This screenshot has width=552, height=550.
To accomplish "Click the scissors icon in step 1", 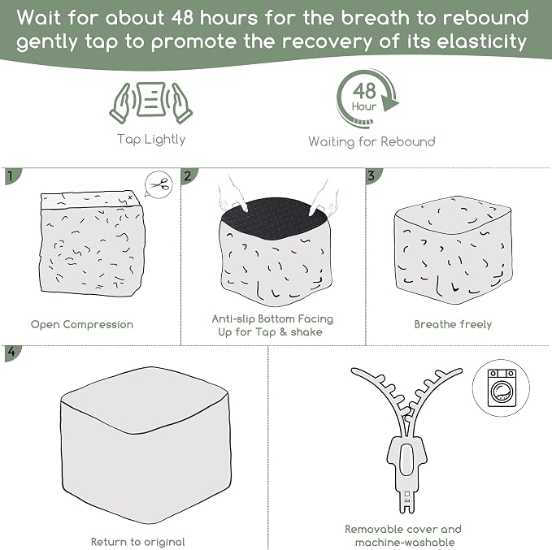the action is pos(159,184).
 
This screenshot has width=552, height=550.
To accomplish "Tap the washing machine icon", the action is pos(502,388).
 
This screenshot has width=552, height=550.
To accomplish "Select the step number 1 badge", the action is pos(12,176).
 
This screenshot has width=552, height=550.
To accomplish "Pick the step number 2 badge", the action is pos(189,175).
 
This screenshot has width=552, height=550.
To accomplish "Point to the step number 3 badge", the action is pos(373,175).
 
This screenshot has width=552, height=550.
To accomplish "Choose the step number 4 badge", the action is pos(12,353).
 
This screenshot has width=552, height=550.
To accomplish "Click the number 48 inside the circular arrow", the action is pos(364,91).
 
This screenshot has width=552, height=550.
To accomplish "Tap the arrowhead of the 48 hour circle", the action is pos(389,102).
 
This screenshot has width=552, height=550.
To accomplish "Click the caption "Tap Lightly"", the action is pos(151,140).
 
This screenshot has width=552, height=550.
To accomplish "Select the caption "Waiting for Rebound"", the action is pos(372,142).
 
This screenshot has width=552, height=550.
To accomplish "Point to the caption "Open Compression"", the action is pos(82,324).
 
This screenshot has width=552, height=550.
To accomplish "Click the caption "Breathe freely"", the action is pos(453,324).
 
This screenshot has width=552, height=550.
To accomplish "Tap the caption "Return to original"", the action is pos(138,542).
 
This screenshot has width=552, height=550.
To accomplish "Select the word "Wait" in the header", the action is pos(39,18).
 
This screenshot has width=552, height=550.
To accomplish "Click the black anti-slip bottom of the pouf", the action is pos(273,215).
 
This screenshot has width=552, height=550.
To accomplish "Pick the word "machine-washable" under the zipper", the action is pos(405,542).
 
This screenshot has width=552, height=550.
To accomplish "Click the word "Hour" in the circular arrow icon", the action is pos(364,106).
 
